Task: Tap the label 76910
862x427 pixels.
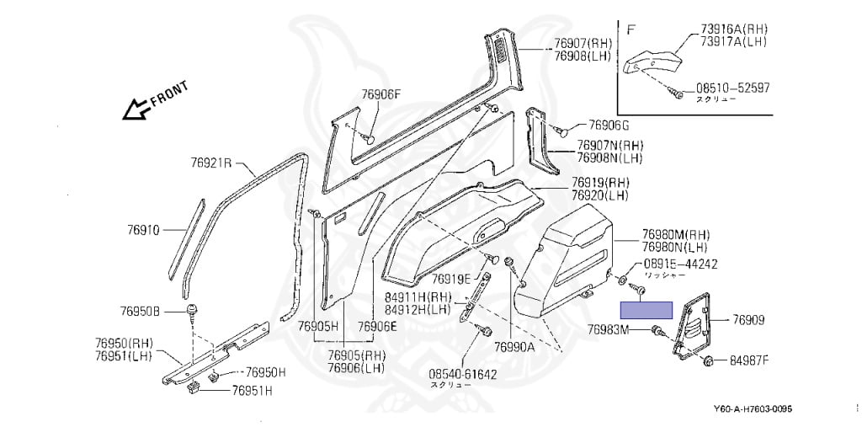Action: point(143,229)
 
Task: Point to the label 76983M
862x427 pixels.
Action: point(608,329)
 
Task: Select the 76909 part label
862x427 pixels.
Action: point(748,320)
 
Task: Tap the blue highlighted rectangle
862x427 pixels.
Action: point(646,309)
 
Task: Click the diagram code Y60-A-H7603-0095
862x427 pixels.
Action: point(752,410)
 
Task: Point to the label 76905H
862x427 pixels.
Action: point(320,326)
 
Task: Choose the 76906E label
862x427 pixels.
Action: point(375,326)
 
